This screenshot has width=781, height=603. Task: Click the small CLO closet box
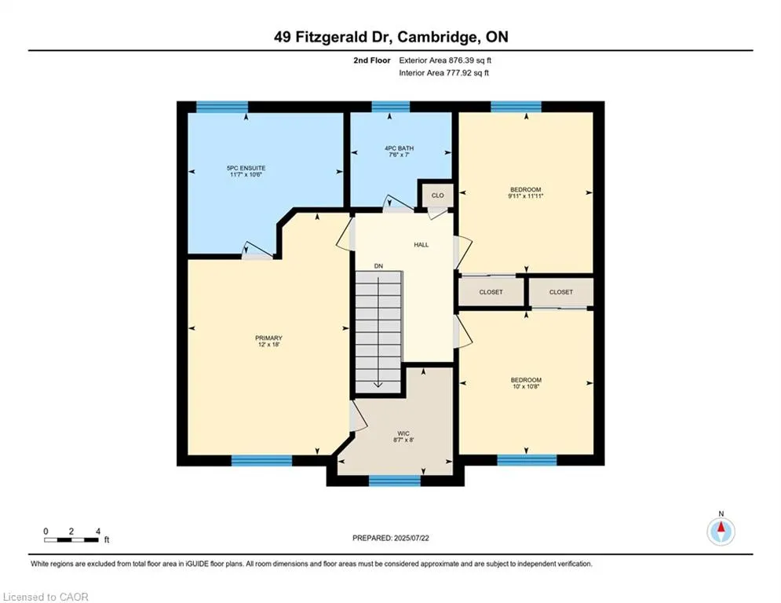tap(437, 196)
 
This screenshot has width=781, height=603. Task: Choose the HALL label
tap(422, 245)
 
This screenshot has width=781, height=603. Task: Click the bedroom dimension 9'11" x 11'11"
tap(525, 196)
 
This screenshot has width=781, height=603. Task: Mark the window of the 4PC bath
tap(390, 107)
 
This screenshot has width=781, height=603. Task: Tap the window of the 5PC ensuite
tap(221, 107)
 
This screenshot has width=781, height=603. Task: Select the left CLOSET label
tap(491, 292)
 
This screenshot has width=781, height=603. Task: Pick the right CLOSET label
tap(560, 292)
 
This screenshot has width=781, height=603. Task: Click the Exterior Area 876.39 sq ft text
tap(445, 60)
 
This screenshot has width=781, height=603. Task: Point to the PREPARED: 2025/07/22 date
tap(392, 538)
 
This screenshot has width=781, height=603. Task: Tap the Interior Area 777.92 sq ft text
tap(444, 73)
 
